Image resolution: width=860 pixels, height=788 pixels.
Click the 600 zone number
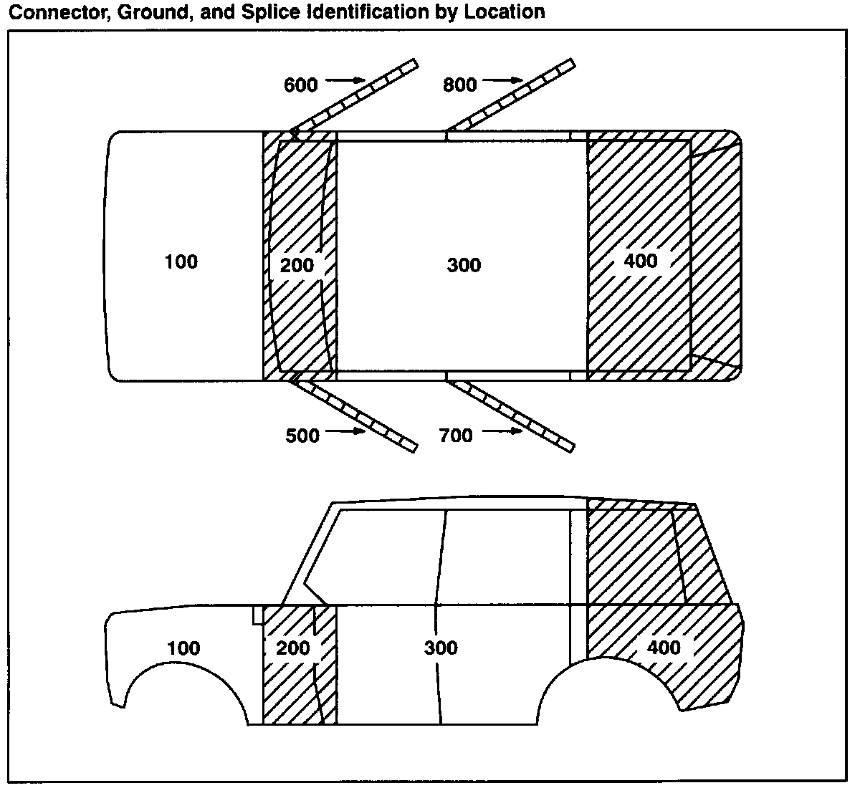(x=300, y=85)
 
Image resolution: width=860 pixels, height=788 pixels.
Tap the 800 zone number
(x=459, y=85)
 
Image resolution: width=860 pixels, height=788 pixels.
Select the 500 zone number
(x=302, y=436)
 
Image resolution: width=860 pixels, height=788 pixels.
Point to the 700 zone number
(x=456, y=436)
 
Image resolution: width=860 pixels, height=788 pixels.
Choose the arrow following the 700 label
(x=502, y=431)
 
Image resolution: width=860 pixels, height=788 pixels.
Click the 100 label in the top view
(x=181, y=262)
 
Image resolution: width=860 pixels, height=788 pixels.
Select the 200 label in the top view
(x=297, y=266)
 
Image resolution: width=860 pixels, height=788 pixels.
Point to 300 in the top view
(x=464, y=266)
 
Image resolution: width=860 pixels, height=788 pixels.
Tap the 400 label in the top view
(x=640, y=261)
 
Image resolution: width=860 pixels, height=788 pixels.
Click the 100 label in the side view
(x=183, y=649)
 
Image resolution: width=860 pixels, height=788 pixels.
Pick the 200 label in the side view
(x=293, y=648)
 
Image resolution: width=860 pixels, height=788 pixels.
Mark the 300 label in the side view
(x=441, y=648)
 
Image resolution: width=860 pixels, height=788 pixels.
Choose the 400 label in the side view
(x=664, y=648)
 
